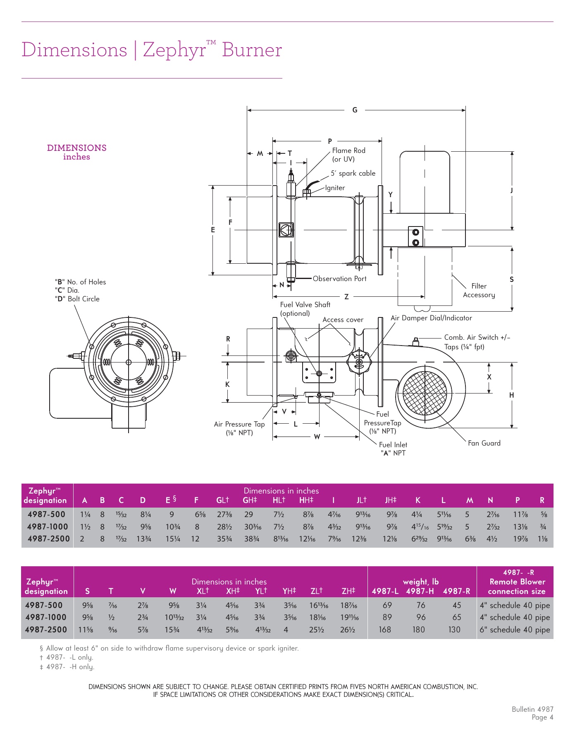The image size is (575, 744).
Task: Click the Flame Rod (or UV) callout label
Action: (x=348, y=155)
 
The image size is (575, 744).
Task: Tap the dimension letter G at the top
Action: (x=355, y=110)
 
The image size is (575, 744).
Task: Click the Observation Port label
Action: (x=339, y=279)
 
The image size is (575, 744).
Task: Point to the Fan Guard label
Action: (x=484, y=443)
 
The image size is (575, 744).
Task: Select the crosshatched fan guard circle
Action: (x=425, y=393)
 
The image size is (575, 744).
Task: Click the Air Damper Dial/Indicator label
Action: (x=431, y=318)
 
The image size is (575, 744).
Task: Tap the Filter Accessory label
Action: (x=479, y=290)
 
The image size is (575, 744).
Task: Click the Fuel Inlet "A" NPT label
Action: (x=393, y=449)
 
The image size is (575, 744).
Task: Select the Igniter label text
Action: (x=335, y=188)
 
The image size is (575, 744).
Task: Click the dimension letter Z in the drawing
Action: (x=346, y=296)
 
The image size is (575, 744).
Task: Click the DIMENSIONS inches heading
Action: (x=76, y=152)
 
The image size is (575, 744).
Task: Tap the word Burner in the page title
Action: (x=251, y=50)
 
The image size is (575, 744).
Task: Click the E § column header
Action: (x=171, y=500)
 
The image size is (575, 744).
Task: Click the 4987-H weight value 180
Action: (x=419, y=630)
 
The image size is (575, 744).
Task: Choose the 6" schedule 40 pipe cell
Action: (x=515, y=630)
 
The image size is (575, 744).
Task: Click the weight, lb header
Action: (x=421, y=582)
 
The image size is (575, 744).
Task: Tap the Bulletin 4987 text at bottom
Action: (x=532, y=709)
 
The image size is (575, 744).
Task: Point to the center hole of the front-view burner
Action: (x=129, y=362)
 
